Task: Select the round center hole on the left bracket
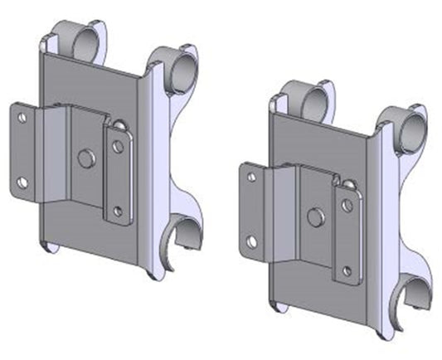[x=85, y=157]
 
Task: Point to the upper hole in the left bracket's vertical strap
[x=119, y=146]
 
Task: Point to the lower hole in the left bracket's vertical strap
[x=119, y=210]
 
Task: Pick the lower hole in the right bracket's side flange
[x=251, y=241]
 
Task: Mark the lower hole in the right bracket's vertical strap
[x=347, y=270]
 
